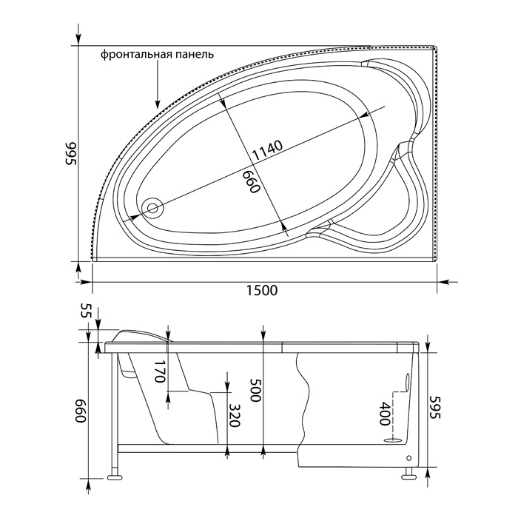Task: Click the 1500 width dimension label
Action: coord(262,290)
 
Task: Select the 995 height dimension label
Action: coord(70,154)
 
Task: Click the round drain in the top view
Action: coord(152,208)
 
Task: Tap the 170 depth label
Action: coord(159,371)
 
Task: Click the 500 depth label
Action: coord(255,390)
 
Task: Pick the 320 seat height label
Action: coord(234,415)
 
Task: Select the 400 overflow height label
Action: coord(386,414)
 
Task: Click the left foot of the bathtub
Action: coord(115,477)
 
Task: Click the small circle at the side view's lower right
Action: coord(409,458)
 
